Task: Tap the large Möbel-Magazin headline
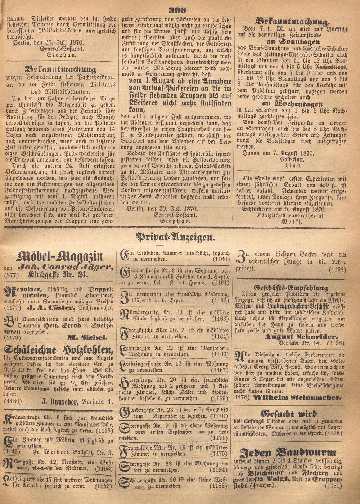(x=60, y=257)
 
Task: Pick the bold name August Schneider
(x=301, y=337)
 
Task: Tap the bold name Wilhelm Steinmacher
(x=297, y=398)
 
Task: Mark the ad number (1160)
(x=221, y=259)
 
